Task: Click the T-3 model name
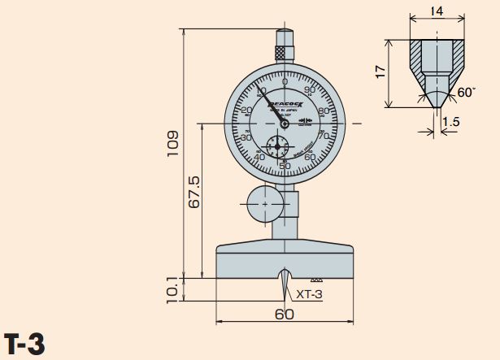point(24,344)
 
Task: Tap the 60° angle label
point(466,93)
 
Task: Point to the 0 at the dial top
point(285,82)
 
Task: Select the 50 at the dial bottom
point(285,166)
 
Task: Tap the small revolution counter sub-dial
point(277,148)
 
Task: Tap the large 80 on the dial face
point(323,111)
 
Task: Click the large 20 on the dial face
point(246,111)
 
